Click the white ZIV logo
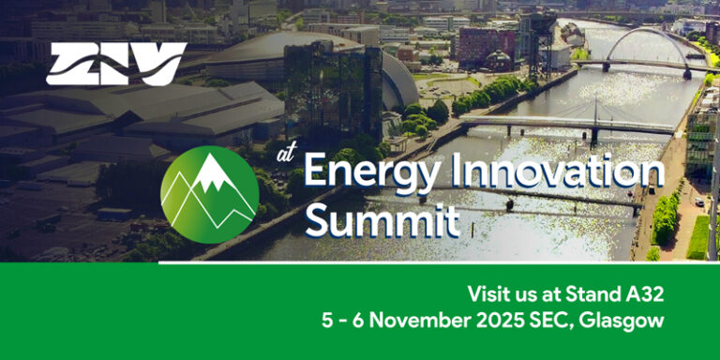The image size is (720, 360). point(116,64)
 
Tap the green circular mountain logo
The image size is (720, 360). point(209,195)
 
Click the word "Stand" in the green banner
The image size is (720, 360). point(592,293)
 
